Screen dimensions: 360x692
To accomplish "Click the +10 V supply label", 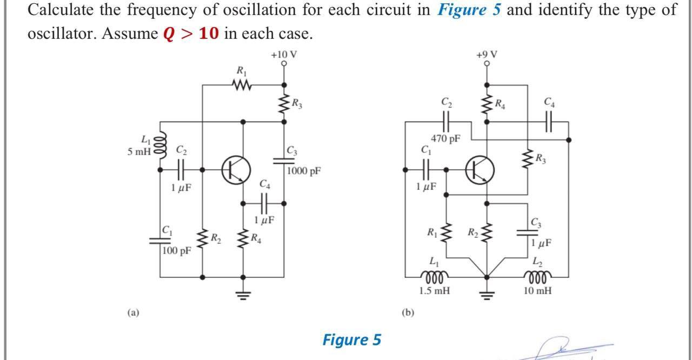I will pyautogui.click(x=284, y=55).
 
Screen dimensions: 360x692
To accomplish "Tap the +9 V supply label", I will pyautogui.click(x=487, y=55).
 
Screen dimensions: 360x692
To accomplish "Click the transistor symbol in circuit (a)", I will pyautogui.click(x=236, y=169).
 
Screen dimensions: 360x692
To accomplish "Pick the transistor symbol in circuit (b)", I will pyautogui.click(x=480, y=169).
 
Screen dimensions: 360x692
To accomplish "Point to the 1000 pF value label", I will pyautogui.click(x=304, y=171).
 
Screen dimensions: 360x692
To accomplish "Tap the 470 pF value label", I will pyautogui.click(x=446, y=139).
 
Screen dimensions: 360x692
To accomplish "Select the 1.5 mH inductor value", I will pyautogui.click(x=435, y=291).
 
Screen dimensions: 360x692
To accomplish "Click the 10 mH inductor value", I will pyautogui.click(x=538, y=291).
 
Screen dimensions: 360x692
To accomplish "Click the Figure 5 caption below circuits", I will pyautogui.click(x=352, y=339).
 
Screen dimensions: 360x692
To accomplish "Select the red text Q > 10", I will pyautogui.click(x=191, y=34).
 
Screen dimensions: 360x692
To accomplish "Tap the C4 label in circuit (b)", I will pyautogui.click(x=549, y=101).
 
